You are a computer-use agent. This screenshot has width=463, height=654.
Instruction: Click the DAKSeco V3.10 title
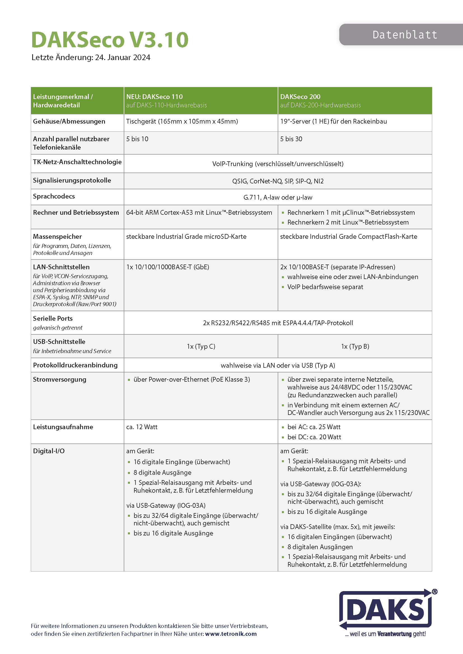click(x=110, y=40)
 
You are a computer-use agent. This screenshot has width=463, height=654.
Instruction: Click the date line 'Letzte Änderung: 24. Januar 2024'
click(x=91, y=58)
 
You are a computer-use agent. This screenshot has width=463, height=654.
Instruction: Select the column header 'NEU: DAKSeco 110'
click(x=154, y=96)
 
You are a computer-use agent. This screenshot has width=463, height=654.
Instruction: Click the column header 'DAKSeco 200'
click(x=300, y=96)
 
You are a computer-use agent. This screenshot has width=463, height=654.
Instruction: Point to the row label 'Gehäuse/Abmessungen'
click(x=69, y=121)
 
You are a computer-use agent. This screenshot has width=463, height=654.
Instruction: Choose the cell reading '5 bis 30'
click(x=291, y=139)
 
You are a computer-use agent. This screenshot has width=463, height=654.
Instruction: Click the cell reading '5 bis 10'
click(x=137, y=139)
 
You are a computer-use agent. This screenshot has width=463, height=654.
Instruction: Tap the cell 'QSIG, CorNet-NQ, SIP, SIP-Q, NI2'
click(x=278, y=181)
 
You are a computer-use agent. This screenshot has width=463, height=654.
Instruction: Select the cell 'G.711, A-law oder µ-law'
click(x=278, y=197)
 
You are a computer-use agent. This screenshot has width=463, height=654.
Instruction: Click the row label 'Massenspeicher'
click(x=57, y=237)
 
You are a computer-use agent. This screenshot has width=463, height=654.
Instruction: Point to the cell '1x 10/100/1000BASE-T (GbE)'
click(x=168, y=267)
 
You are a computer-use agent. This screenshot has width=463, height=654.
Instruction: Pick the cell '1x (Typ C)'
click(x=201, y=346)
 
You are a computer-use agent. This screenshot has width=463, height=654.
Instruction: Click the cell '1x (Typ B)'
click(x=355, y=346)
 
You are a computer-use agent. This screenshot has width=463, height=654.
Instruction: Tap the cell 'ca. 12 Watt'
click(x=142, y=427)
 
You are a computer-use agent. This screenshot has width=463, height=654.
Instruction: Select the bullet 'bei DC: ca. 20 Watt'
click(x=314, y=437)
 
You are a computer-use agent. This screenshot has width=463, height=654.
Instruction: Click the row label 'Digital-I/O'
click(x=49, y=451)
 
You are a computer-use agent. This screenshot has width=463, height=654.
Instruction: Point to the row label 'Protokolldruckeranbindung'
click(x=75, y=365)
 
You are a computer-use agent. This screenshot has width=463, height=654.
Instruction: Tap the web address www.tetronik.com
click(x=231, y=634)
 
